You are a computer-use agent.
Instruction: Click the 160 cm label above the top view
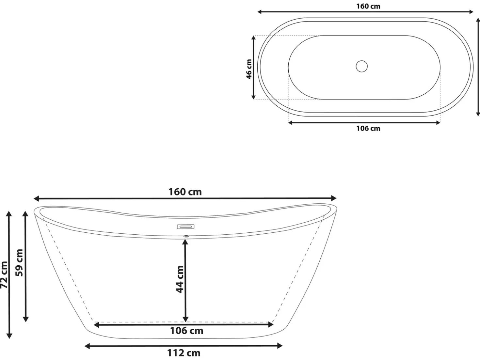tap(368, 6)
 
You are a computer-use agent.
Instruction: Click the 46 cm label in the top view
tap(249, 69)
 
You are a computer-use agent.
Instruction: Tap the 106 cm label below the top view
tap(368, 128)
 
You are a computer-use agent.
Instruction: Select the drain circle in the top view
tap(362, 66)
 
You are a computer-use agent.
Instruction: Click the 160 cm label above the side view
tap(185, 192)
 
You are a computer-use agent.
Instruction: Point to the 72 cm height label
tap(4, 275)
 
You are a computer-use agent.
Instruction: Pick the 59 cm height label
tap(20, 262)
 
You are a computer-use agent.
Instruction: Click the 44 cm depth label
tap(180, 279)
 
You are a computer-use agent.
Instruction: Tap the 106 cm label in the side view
tap(186, 331)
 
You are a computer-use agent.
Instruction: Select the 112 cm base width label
tap(184, 353)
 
